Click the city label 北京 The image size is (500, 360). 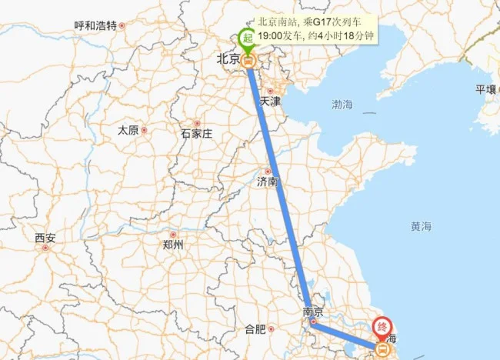(228, 58)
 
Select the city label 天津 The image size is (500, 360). (270, 101)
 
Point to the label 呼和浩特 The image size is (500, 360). (95, 25)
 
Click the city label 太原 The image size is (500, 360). (128, 131)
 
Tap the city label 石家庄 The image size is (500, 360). (195, 134)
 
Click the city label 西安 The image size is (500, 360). (45, 238)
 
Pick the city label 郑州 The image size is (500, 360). (173, 245)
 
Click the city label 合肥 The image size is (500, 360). (255, 329)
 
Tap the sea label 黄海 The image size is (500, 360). (421, 226)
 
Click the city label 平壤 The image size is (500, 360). (486, 89)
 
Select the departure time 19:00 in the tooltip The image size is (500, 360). (270, 35)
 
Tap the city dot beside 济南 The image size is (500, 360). (268, 171)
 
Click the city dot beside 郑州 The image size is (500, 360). (173, 234)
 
